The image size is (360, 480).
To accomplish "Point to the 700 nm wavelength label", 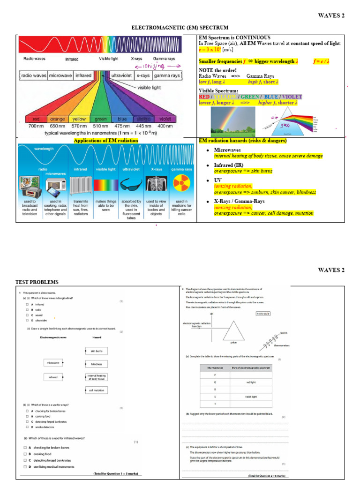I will pos(36,126).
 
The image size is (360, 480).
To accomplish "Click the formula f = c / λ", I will pos(328,61).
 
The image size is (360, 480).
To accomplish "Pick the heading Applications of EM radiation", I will pos(106,141).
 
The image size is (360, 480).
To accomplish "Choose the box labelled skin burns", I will pos(97,351).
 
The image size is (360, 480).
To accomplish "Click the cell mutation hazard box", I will pos(97,390).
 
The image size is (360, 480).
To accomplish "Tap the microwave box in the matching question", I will pos(53,363).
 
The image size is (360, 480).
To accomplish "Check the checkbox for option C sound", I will pos(27,315).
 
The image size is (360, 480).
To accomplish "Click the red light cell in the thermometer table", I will pos(251,382).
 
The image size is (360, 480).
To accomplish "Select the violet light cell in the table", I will pos(251,397).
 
